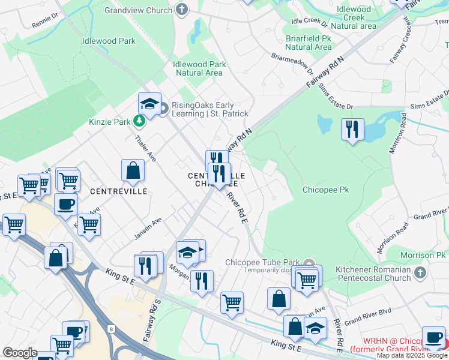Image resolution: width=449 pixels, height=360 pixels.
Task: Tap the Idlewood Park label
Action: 109,41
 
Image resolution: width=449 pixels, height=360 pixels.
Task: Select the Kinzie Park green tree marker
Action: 140,122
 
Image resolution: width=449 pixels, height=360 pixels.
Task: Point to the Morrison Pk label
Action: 427,256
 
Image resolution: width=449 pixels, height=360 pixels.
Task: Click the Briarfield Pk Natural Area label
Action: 309,42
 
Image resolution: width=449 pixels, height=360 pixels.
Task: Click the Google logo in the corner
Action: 19,353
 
